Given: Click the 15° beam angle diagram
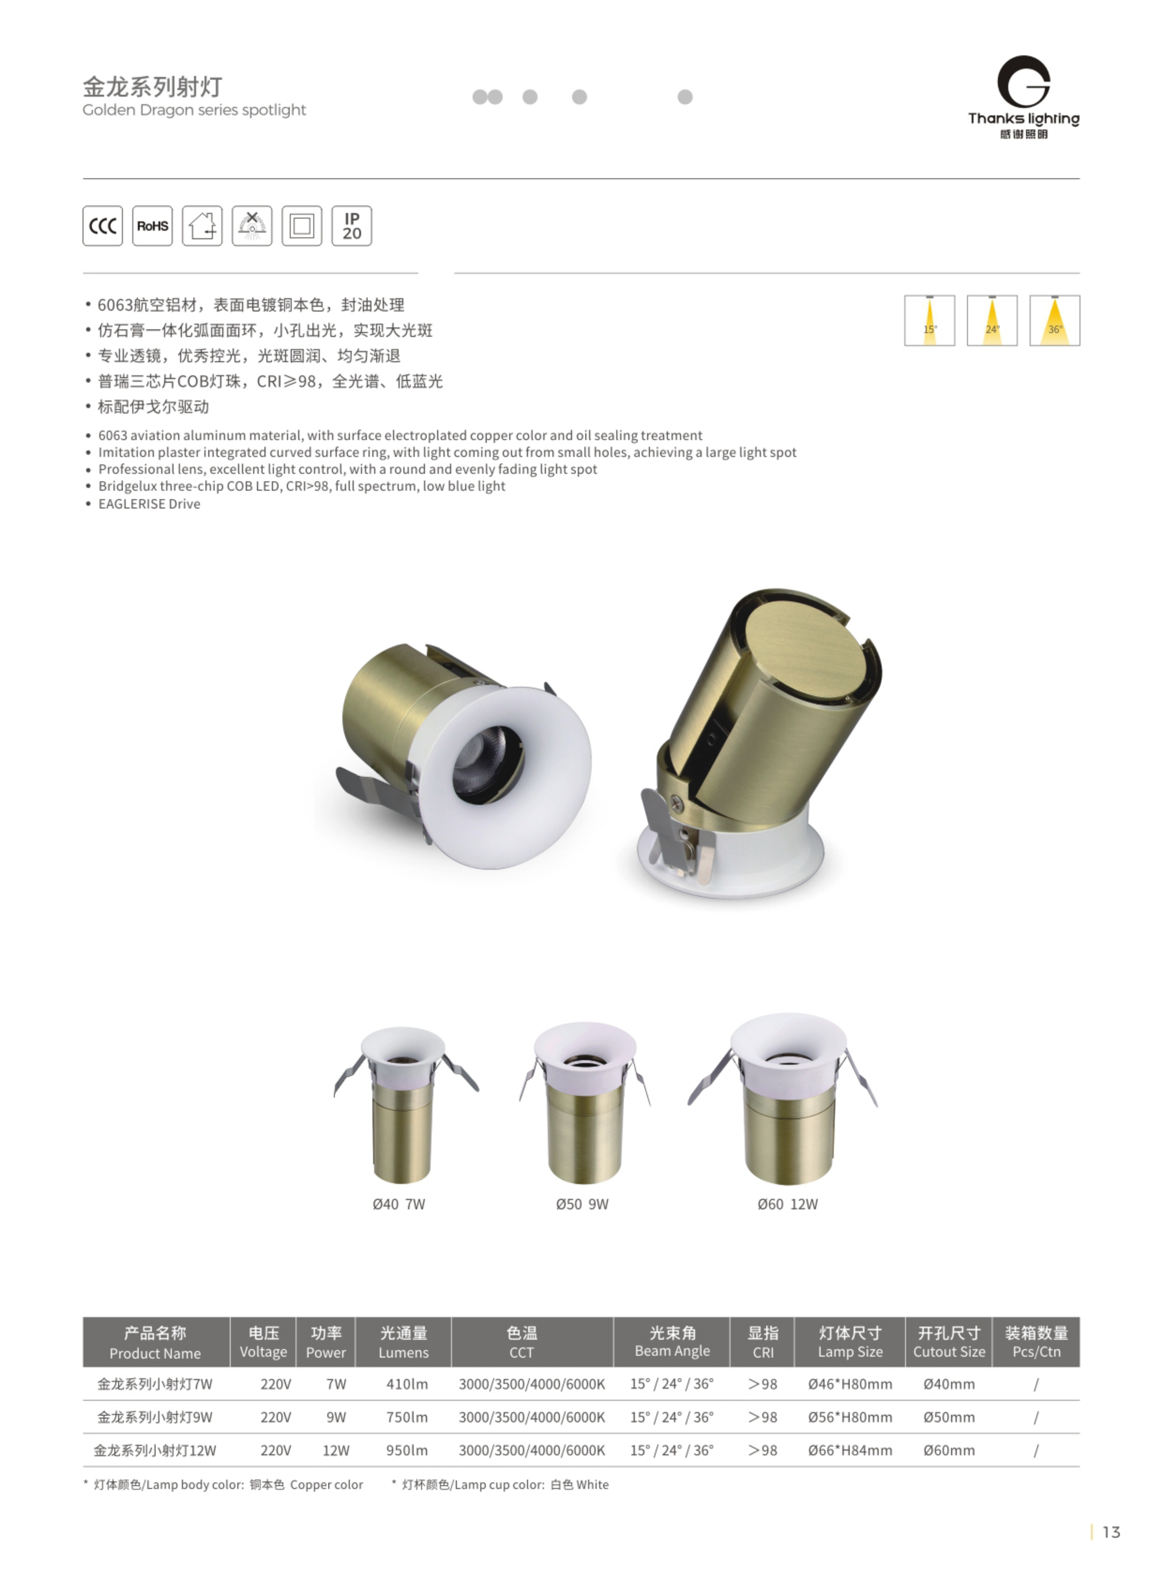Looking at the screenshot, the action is (929, 320).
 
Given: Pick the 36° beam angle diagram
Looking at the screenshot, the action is (1055, 320).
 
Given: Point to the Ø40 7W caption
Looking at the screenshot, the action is (399, 1204).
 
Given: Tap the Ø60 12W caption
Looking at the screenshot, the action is (788, 1204).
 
